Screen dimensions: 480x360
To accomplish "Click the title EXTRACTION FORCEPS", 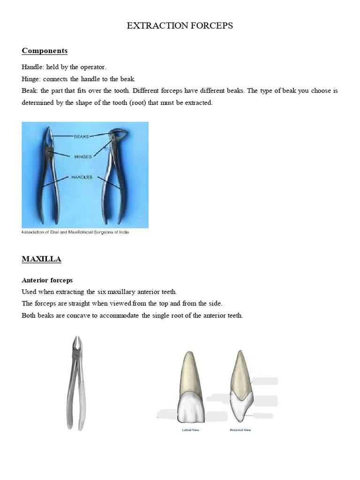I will tap(180, 26).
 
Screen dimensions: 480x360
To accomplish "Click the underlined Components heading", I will tap(45, 51).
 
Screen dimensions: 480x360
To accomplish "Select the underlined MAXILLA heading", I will tap(41, 259).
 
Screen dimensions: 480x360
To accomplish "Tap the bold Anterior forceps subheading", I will tap(47, 280).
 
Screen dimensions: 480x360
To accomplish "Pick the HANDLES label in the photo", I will tap(82, 177).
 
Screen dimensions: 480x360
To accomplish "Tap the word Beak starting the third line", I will tap(29, 90).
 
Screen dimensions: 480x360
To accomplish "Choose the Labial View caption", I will tap(190, 430).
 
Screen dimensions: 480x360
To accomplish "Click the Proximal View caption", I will tap(240, 430).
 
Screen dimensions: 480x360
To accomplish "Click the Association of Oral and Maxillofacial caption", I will tap(75, 232).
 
